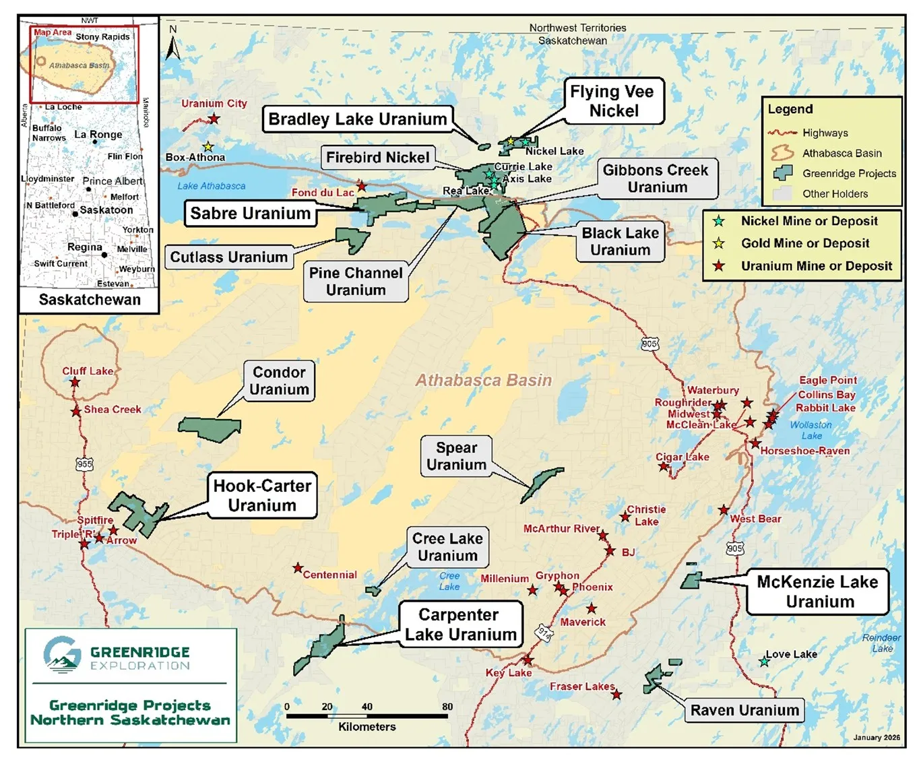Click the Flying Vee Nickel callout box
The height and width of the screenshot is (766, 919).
click(613, 101)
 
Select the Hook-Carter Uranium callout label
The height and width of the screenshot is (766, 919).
click(262, 495)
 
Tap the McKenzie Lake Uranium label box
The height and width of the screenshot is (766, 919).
click(817, 592)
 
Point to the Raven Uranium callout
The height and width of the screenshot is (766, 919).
click(744, 710)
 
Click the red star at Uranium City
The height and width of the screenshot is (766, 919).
click(214, 119)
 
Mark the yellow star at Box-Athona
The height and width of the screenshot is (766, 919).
click(208, 146)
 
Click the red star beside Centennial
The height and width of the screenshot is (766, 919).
click(298, 568)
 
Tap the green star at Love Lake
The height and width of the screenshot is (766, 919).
click(764, 662)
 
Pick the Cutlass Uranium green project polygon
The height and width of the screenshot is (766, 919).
click(352, 239)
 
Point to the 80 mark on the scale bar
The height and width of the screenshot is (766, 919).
click(447, 707)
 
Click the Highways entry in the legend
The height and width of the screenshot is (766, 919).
click(825, 133)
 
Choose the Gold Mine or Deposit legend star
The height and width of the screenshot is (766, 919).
click(719, 243)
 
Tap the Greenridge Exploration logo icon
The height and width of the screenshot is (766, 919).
click(62, 654)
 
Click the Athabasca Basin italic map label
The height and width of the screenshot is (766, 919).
click(483, 381)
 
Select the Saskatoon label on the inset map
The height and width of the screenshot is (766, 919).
click(106, 210)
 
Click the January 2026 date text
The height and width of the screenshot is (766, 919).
click(877, 737)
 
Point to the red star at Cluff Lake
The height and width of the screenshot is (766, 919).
click(75, 382)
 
